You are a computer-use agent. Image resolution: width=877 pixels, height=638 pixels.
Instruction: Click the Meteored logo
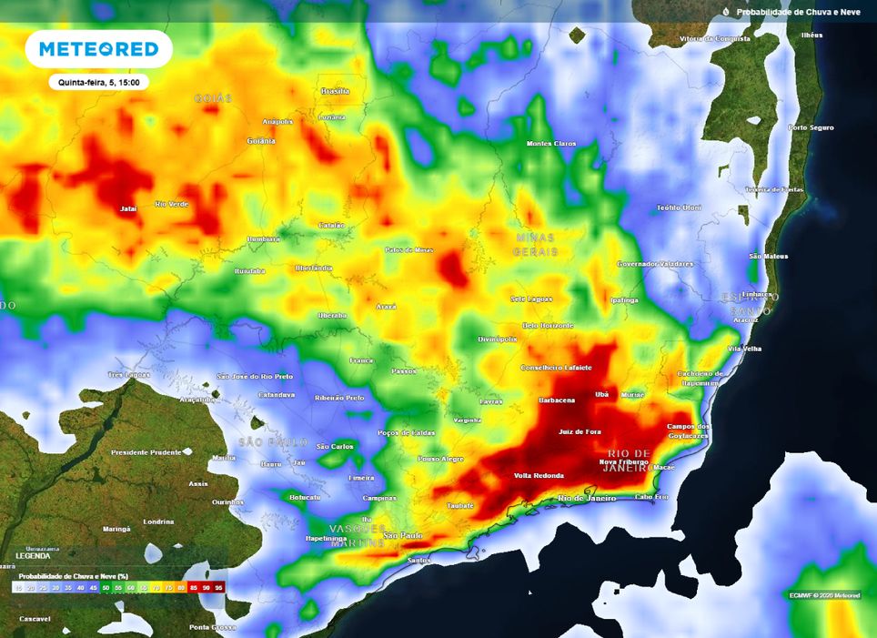(98, 49)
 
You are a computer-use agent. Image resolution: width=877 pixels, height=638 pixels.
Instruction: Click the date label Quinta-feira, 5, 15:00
(98, 82)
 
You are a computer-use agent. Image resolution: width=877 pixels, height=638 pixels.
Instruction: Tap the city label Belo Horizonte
(548, 325)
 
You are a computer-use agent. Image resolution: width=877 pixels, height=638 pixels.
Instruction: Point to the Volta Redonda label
(539, 476)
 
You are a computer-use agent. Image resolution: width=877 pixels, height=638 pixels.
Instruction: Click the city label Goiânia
(261, 141)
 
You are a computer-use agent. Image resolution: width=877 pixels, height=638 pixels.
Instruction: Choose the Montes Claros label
(551, 144)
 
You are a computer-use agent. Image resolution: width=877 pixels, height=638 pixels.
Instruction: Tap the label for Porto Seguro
(811, 127)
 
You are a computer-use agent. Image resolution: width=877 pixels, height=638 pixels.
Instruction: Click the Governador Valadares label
(655, 264)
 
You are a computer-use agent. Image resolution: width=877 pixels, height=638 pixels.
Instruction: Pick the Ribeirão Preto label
(338, 398)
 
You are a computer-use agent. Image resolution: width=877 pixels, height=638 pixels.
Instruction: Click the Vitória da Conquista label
(716, 40)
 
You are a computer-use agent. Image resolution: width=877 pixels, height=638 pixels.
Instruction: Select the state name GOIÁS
(214, 97)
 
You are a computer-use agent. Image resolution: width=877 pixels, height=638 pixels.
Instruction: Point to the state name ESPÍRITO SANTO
(751, 304)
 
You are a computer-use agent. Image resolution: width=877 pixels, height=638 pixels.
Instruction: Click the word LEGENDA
(34, 556)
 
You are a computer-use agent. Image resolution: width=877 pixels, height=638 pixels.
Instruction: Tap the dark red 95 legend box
(218, 588)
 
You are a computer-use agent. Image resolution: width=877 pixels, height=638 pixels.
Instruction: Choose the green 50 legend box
(106, 588)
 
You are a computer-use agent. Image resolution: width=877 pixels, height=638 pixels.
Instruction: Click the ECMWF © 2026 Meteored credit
(823, 595)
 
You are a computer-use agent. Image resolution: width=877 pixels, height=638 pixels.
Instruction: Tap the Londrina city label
(158, 522)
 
